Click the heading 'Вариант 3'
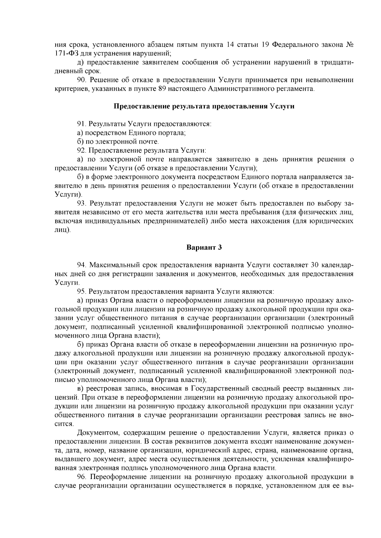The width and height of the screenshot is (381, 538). [204, 248]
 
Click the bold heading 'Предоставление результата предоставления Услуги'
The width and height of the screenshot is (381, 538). [204, 106]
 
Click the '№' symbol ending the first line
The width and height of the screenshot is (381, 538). [349, 44]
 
